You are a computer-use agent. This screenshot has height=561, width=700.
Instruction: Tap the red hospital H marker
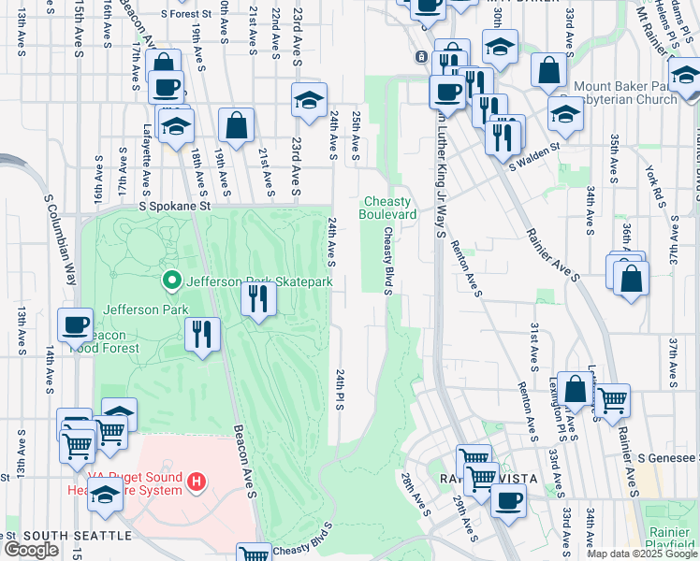pos(197,482)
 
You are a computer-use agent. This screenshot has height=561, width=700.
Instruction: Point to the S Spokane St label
pos(171,206)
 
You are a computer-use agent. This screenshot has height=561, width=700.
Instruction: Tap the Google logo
pos(31,550)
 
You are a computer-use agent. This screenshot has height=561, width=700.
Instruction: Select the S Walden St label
pos(534,154)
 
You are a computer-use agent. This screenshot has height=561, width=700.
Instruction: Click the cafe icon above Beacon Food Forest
pos(75,324)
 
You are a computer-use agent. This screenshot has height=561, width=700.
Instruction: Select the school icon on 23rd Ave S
pos(308,100)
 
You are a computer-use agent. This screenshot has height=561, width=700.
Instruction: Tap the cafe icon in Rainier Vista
pos(508,497)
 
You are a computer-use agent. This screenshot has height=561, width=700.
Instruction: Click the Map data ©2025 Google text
pos(641,554)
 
